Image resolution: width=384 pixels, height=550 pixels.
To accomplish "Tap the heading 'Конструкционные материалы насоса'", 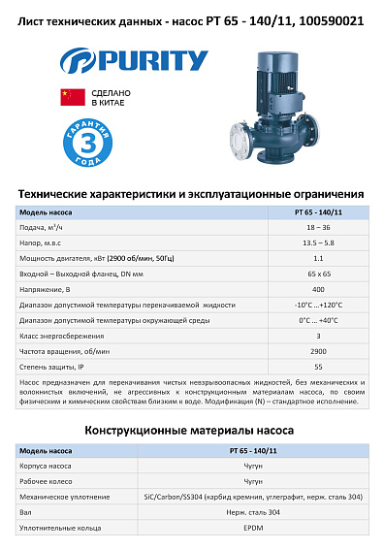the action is pos(191,429).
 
